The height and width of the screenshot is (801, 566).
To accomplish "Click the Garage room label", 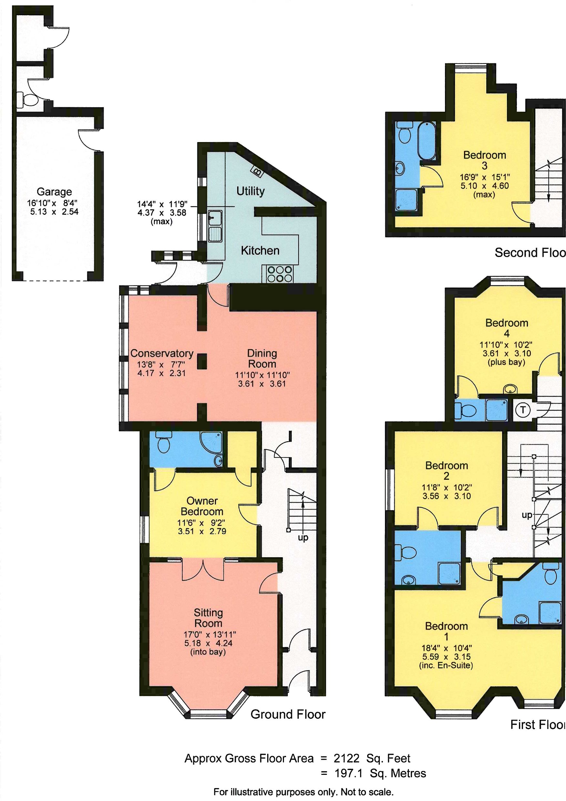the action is click(x=54, y=192).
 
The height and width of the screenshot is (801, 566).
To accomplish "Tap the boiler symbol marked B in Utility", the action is click(x=258, y=171).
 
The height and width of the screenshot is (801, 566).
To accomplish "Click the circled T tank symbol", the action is click(x=522, y=410).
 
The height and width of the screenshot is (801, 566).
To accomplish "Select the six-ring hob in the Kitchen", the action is click(x=279, y=274).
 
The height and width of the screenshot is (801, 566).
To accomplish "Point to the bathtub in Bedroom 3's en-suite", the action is click(x=427, y=141).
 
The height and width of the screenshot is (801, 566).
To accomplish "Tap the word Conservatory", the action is click(x=162, y=353).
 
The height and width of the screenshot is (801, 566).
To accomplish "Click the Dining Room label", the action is click(x=262, y=358).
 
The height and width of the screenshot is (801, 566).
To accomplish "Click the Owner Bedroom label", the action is click(x=202, y=506).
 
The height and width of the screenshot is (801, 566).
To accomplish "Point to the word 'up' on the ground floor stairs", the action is click(x=303, y=538).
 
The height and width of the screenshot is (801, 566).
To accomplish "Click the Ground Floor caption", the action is click(x=288, y=714).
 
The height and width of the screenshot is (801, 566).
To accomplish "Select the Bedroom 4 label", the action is click(x=507, y=328).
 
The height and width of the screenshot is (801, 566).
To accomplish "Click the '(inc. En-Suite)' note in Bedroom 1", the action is click(x=446, y=665).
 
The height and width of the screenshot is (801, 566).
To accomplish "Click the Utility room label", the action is click(x=250, y=191).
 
